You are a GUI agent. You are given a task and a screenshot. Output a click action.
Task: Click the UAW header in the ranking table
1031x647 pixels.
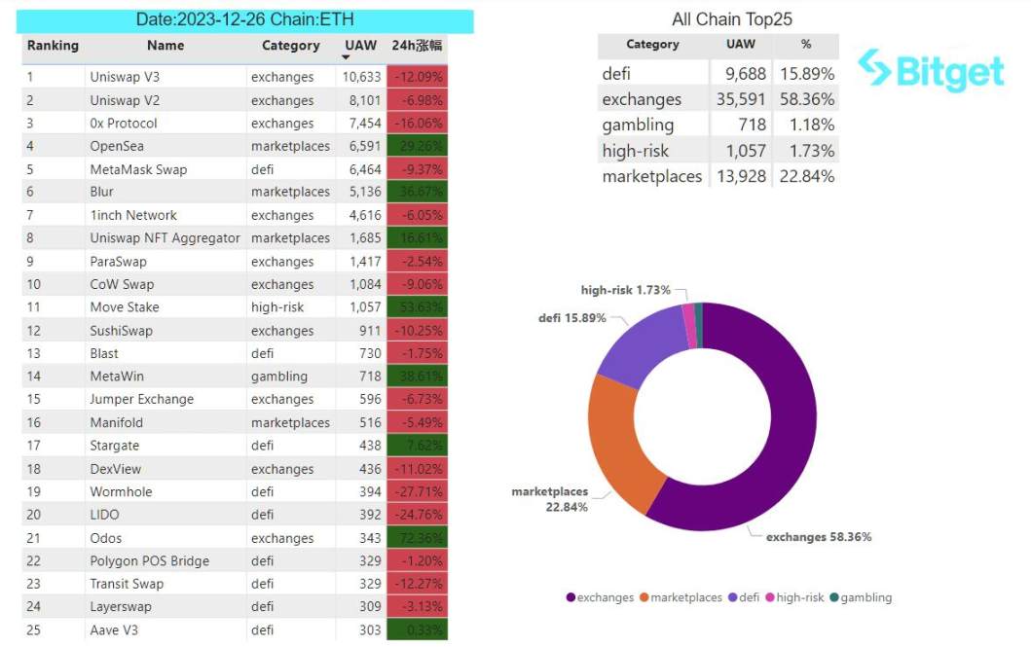coord(360,46)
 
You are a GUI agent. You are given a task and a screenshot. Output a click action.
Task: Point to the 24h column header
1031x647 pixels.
coord(417,46)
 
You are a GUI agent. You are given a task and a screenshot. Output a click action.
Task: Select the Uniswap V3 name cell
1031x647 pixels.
coord(126,77)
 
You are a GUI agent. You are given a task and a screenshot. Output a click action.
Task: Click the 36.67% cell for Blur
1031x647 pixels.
coord(417,192)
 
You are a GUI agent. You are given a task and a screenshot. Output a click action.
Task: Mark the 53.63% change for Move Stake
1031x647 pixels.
coord(417,307)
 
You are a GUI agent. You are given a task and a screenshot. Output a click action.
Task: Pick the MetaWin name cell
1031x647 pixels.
coord(117,377)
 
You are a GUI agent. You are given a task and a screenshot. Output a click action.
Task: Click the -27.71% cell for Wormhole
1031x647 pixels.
coord(417,492)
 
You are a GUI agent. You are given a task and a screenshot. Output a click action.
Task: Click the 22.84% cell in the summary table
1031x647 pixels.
coord(806,176)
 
